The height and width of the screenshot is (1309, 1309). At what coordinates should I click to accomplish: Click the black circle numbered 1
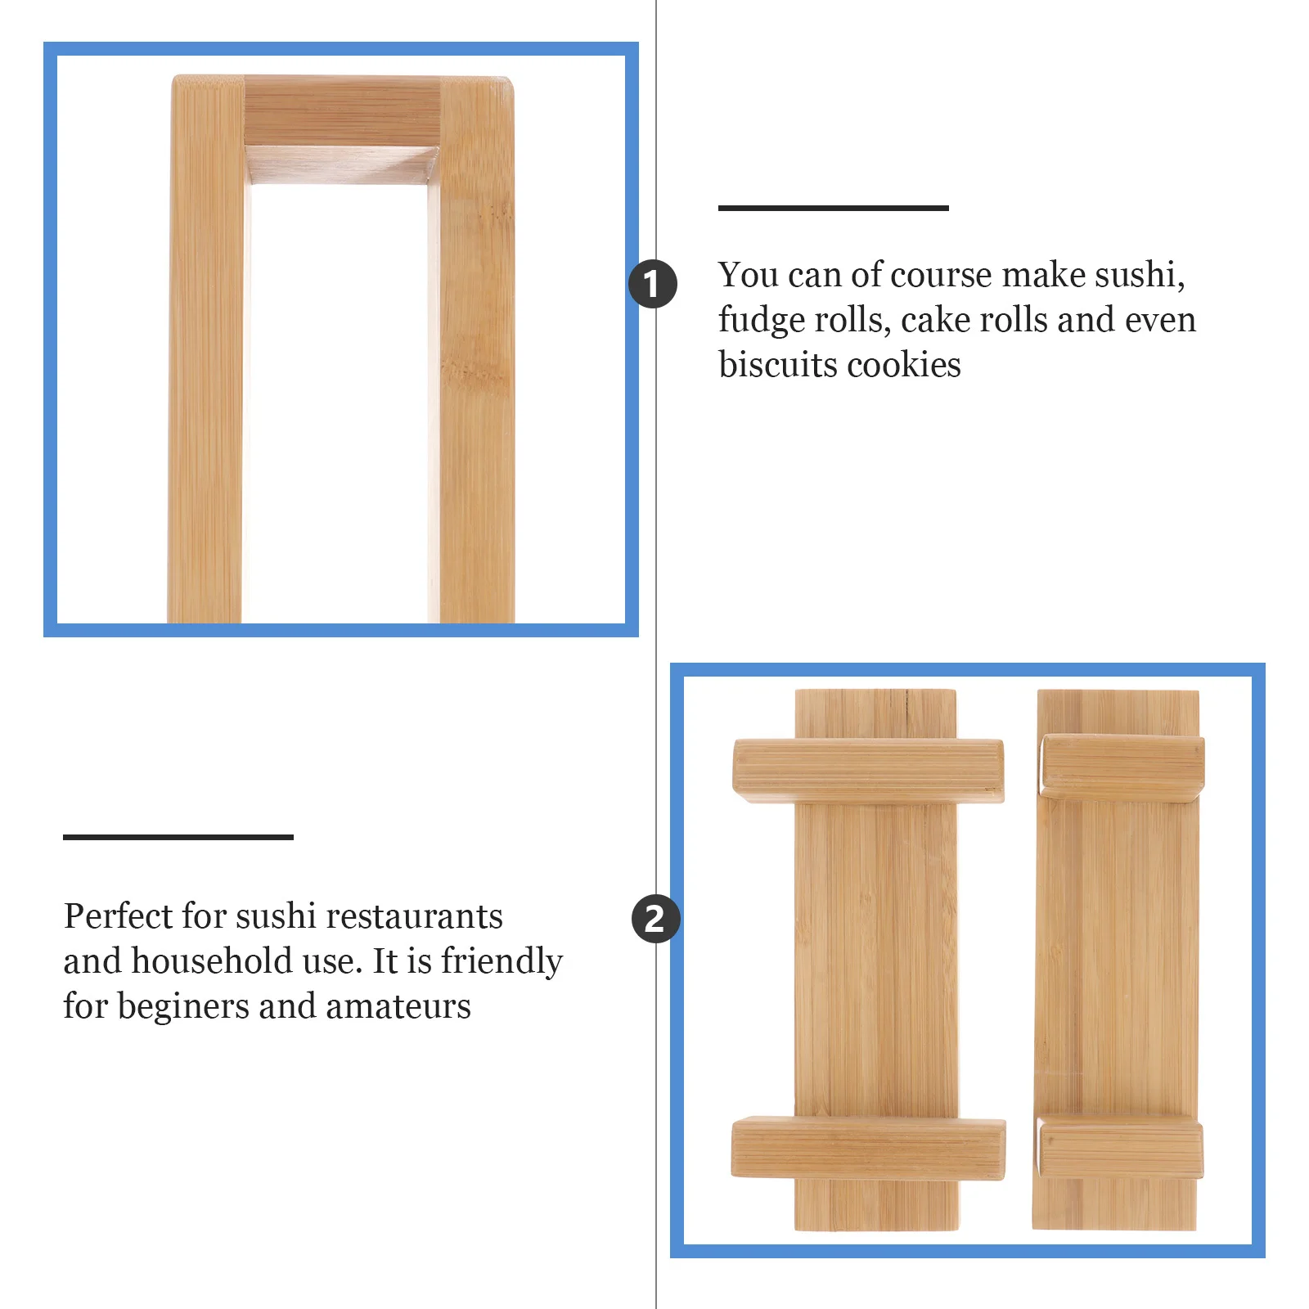coord(652,284)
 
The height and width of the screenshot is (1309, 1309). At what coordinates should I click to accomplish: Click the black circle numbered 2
coord(655,919)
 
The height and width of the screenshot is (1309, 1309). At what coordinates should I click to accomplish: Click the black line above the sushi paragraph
coord(833,208)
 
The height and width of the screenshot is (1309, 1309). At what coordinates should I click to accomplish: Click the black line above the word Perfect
coord(178,837)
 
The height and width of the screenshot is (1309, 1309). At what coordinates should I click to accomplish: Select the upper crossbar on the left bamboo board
coord(868,769)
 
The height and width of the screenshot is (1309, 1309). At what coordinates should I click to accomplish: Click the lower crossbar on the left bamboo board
coord(868,1148)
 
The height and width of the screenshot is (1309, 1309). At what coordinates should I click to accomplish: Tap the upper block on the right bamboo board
coord(1122,766)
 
